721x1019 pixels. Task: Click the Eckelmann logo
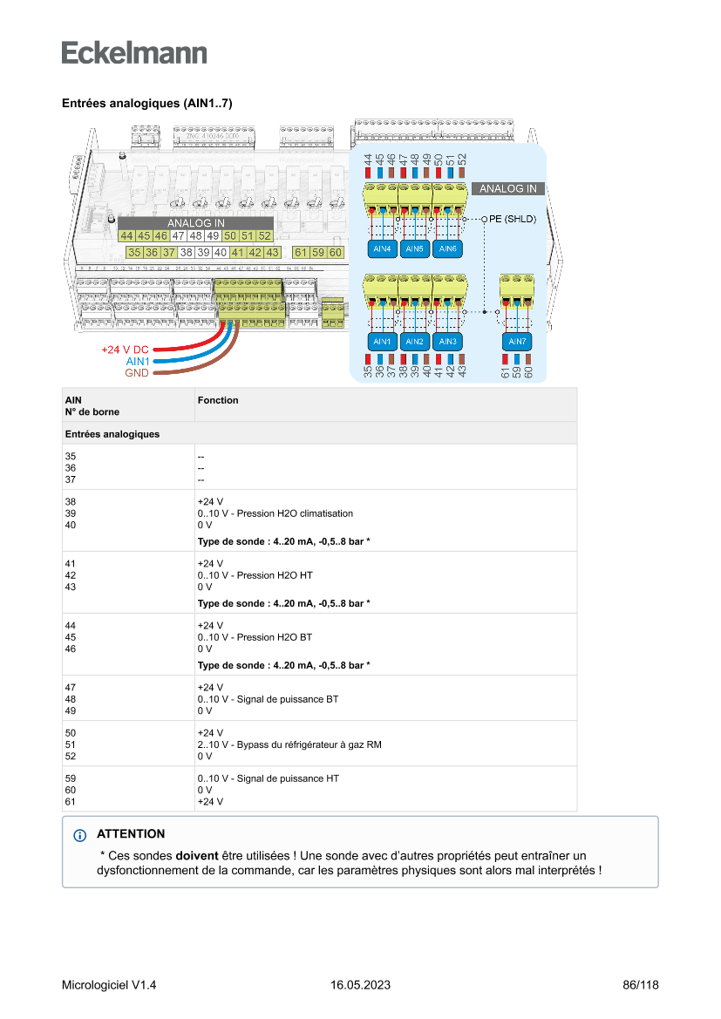click(x=134, y=52)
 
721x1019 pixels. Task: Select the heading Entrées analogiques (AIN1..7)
click(x=146, y=103)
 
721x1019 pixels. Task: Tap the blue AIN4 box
click(x=382, y=249)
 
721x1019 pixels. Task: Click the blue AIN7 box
click(x=517, y=341)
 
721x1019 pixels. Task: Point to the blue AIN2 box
click(x=415, y=341)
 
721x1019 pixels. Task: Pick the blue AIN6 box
click(x=448, y=249)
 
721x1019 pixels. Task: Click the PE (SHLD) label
click(x=515, y=219)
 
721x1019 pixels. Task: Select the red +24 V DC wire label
click(x=125, y=350)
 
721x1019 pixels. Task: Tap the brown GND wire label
click(x=137, y=373)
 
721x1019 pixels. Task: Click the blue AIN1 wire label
click(x=138, y=361)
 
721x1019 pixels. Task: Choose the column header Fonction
click(x=218, y=400)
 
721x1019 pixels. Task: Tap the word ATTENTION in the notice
click(x=131, y=834)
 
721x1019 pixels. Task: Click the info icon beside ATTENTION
click(x=81, y=835)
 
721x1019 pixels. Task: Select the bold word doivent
click(x=197, y=855)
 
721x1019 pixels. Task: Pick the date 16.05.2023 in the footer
click(x=360, y=985)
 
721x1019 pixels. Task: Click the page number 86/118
click(x=641, y=985)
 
